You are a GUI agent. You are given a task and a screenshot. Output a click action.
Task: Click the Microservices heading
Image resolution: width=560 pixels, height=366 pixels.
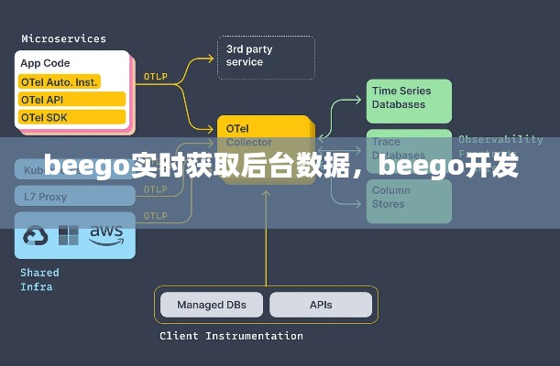click(x=63, y=38)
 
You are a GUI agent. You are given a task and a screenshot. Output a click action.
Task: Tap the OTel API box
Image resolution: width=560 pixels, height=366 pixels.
click(x=71, y=99)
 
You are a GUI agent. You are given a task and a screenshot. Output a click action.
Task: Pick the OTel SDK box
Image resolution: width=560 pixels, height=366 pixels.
click(x=71, y=117)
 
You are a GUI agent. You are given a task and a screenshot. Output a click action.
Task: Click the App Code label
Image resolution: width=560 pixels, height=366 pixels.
click(x=46, y=64)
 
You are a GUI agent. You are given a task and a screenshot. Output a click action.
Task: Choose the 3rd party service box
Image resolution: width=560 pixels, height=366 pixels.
click(x=265, y=57)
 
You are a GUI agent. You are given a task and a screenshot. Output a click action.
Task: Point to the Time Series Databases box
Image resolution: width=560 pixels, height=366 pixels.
click(x=410, y=99)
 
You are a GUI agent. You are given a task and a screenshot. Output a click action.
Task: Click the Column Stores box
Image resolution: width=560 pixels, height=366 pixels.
click(x=410, y=198)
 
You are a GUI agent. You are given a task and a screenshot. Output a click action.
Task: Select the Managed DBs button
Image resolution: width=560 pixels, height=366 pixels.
click(x=211, y=305)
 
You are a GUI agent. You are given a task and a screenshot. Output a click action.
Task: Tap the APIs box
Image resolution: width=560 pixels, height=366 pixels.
click(x=321, y=305)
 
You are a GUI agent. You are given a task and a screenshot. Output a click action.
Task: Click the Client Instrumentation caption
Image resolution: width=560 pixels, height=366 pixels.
click(x=231, y=336)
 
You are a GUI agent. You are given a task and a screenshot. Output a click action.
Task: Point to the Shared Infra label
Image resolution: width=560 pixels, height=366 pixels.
click(x=39, y=280)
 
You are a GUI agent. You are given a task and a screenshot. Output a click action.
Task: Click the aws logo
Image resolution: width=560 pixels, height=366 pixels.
click(x=106, y=233)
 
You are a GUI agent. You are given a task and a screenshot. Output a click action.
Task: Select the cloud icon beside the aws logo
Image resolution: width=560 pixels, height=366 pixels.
click(x=36, y=236)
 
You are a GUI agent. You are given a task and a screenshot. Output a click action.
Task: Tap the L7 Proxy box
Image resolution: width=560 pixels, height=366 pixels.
click(x=46, y=197)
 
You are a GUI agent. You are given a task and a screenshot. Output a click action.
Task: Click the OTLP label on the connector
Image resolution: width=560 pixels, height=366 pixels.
click(x=155, y=78)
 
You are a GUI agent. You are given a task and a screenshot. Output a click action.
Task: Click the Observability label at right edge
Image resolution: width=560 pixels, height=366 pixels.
click(x=500, y=140)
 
